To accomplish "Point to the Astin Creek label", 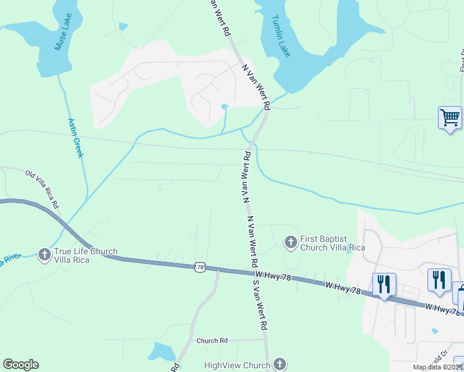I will tap(75, 138).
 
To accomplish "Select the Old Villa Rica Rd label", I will tap(42, 188).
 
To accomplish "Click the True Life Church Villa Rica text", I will tap(86, 255).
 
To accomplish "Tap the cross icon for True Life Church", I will tap(44, 254).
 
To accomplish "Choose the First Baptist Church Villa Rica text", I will tap(332, 243).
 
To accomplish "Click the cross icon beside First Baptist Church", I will tap(290, 242).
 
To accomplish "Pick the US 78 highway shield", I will tap(199, 267).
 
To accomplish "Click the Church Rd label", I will tap(212, 340).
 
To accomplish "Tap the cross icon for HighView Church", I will tap(280, 364).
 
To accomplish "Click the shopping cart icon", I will tap(450, 117).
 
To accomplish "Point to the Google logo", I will tap(20, 365).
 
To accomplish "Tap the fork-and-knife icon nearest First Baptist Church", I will tap(384, 285).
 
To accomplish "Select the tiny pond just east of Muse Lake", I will tap(123, 27).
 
